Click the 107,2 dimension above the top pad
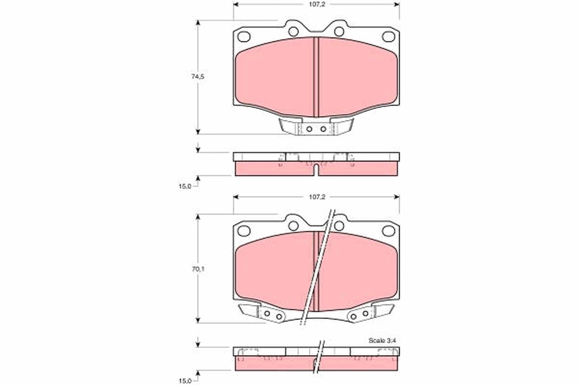(317, 5)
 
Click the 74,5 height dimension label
(197, 77)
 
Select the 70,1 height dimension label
(198, 269)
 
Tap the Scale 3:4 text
(382, 340)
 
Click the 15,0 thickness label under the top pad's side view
(185, 186)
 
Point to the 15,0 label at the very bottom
(185, 381)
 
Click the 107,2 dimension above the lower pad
(317, 197)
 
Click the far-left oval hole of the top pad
(244, 37)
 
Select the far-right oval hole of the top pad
(388, 37)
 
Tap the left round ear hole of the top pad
(293, 31)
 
